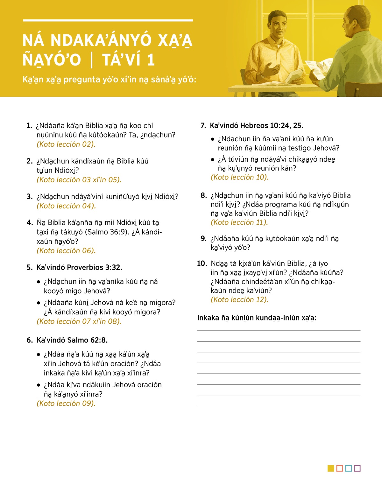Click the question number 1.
coord(29,126)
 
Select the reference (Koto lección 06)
coord(66,251)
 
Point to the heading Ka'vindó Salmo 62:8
coord(72,340)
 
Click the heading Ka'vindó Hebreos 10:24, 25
coord(256,126)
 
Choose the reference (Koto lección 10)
coord(240,177)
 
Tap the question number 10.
coord(202,263)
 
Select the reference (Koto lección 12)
coord(240,299)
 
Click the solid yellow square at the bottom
coord(331,468)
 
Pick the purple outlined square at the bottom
coord(357,468)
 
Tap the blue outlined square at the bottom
coord(348,468)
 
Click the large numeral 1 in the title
coord(151,60)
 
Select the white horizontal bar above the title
coord(108,20)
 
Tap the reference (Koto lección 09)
coord(66,403)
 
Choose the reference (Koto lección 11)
coord(239,222)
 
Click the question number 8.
coord(203,195)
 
